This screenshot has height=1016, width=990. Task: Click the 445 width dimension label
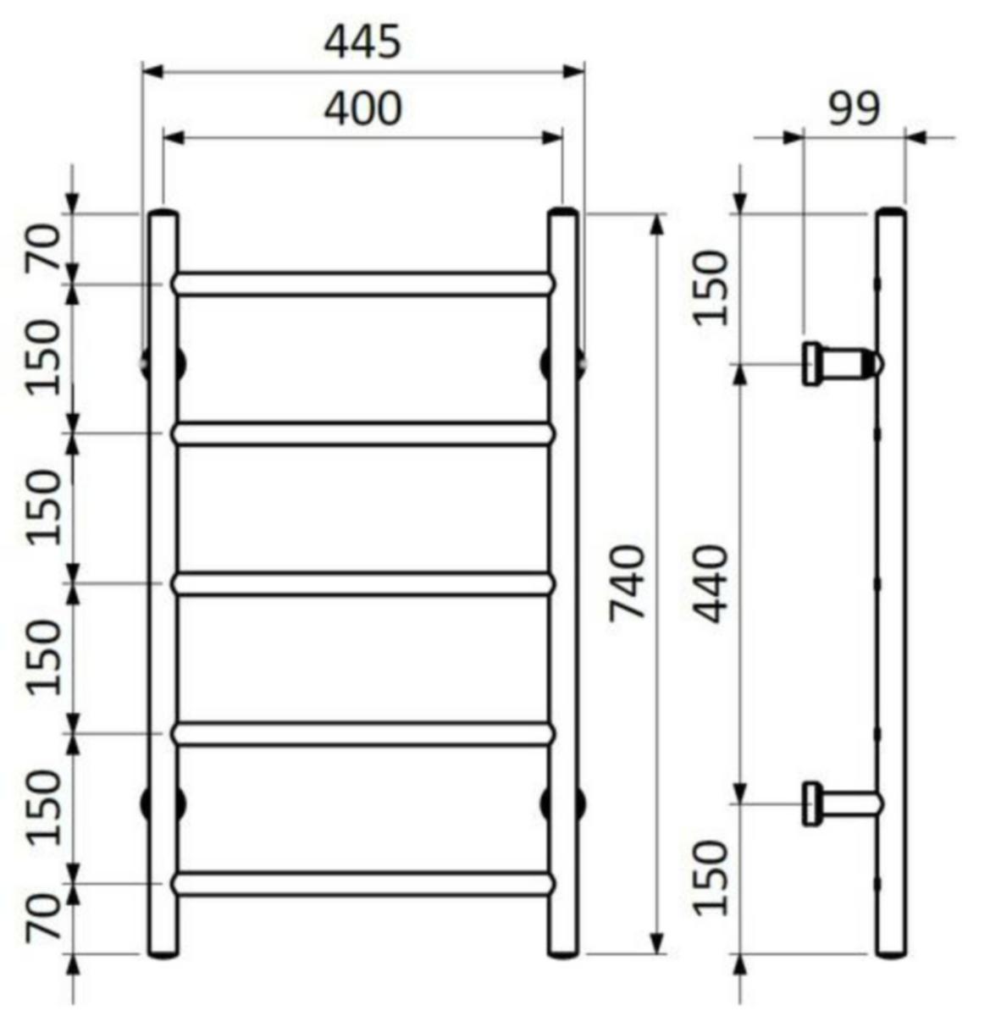tap(362, 41)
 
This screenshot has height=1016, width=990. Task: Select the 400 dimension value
tap(363, 108)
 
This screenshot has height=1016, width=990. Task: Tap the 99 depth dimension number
tap(854, 108)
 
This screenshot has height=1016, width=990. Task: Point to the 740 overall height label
tap(628, 583)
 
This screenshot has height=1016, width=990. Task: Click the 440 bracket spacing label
tap(712, 583)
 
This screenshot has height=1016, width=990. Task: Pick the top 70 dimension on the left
tap(44, 246)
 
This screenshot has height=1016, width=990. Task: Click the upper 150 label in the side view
tap(711, 288)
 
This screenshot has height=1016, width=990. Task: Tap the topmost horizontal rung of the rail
tap(363, 284)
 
